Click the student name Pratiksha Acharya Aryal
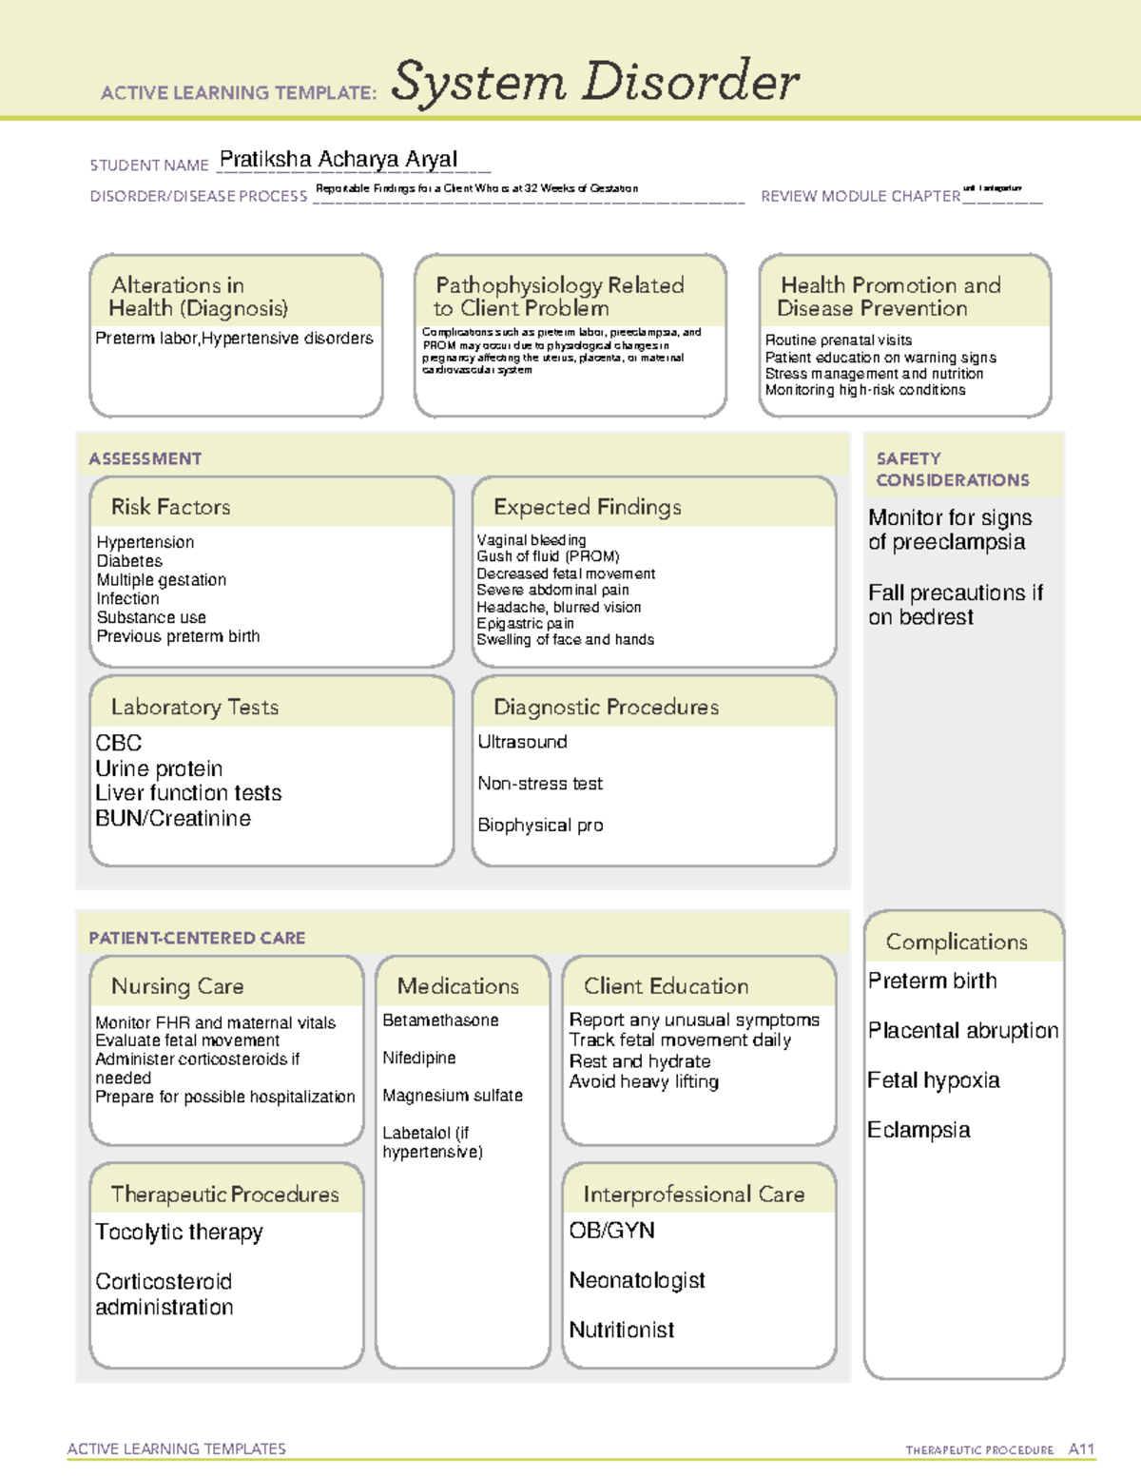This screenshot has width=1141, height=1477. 338,160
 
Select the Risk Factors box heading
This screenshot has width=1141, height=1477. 170,507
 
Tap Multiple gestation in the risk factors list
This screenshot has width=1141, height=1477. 162,579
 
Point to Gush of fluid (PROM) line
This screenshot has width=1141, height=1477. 548,556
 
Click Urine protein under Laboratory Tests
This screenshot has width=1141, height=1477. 159,768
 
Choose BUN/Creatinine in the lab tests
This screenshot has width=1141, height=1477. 173,818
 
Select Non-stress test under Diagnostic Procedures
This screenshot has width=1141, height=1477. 540,784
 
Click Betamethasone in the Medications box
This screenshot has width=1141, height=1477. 440,1020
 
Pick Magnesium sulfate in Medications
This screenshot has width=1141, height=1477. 453,1096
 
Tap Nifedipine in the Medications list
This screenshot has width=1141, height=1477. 419,1058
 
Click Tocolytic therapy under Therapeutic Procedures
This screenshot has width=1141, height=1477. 179,1232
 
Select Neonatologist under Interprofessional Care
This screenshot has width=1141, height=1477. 637,1280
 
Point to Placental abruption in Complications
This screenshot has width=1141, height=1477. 962,1030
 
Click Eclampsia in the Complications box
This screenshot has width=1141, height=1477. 919,1130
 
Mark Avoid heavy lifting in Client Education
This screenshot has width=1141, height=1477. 644,1081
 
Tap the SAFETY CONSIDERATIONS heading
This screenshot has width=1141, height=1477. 952,469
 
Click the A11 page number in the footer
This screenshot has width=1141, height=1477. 1081,1449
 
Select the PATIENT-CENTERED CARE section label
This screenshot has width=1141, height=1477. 197,938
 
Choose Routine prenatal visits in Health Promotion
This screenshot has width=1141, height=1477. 839,340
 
